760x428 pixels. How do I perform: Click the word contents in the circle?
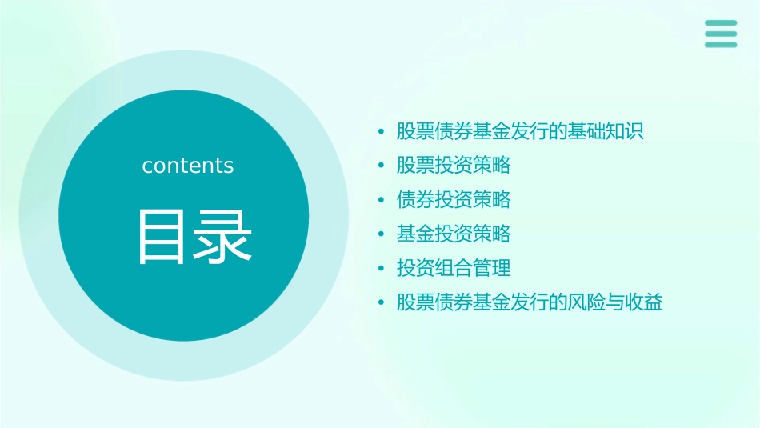tap(188, 166)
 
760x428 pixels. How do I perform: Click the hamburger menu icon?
tap(721, 34)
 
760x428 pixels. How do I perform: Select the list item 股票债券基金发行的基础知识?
tap(520, 131)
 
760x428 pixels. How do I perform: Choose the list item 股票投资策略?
tap(454, 166)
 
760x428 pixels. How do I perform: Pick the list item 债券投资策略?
tap(454, 199)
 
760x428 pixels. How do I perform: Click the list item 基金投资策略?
tap(454, 234)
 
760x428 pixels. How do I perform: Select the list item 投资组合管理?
tap(454, 268)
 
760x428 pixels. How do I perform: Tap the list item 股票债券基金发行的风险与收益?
tap(530, 302)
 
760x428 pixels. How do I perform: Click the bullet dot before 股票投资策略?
tap(382, 166)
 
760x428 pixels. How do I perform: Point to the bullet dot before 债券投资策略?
tap(382, 200)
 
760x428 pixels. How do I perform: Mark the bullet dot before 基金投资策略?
tap(382, 234)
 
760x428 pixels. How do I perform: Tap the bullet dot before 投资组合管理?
tap(382, 269)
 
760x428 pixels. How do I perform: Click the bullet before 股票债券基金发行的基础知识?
tap(382, 132)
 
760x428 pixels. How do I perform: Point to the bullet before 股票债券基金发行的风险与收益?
tap(382, 303)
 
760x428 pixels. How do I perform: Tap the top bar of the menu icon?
tap(721, 22)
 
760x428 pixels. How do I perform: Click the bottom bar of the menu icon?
tap(721, 45)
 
